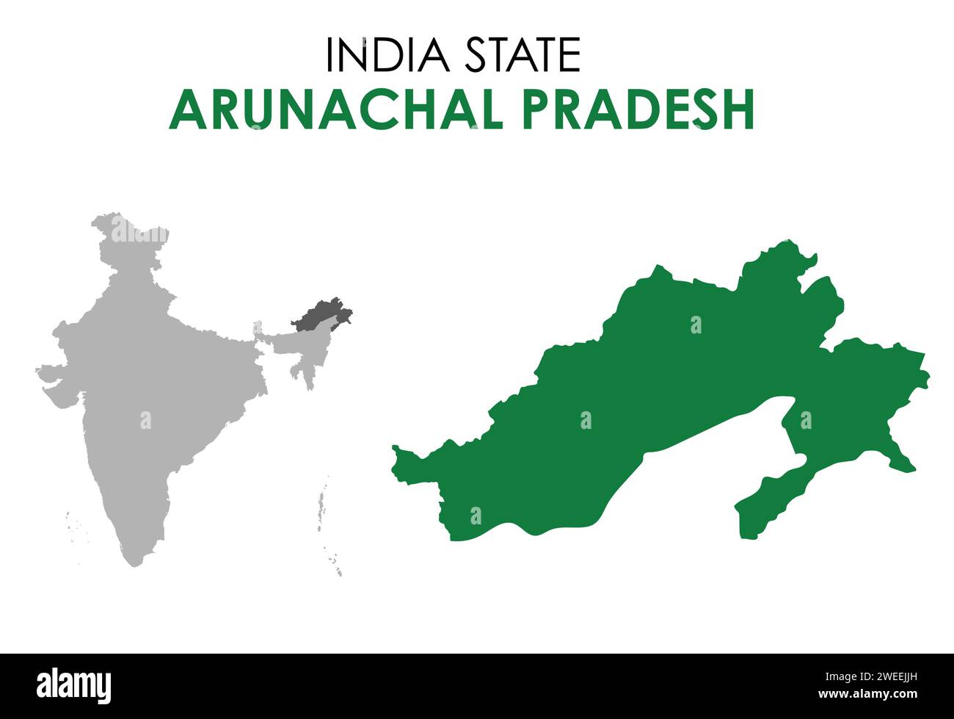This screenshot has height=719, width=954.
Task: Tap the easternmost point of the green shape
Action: coord(928,379)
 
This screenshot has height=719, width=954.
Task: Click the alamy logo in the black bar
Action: coord(74,684)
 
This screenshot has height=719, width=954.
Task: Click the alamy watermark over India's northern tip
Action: coord(139,234)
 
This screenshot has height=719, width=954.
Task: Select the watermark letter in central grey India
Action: coord(145,421)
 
